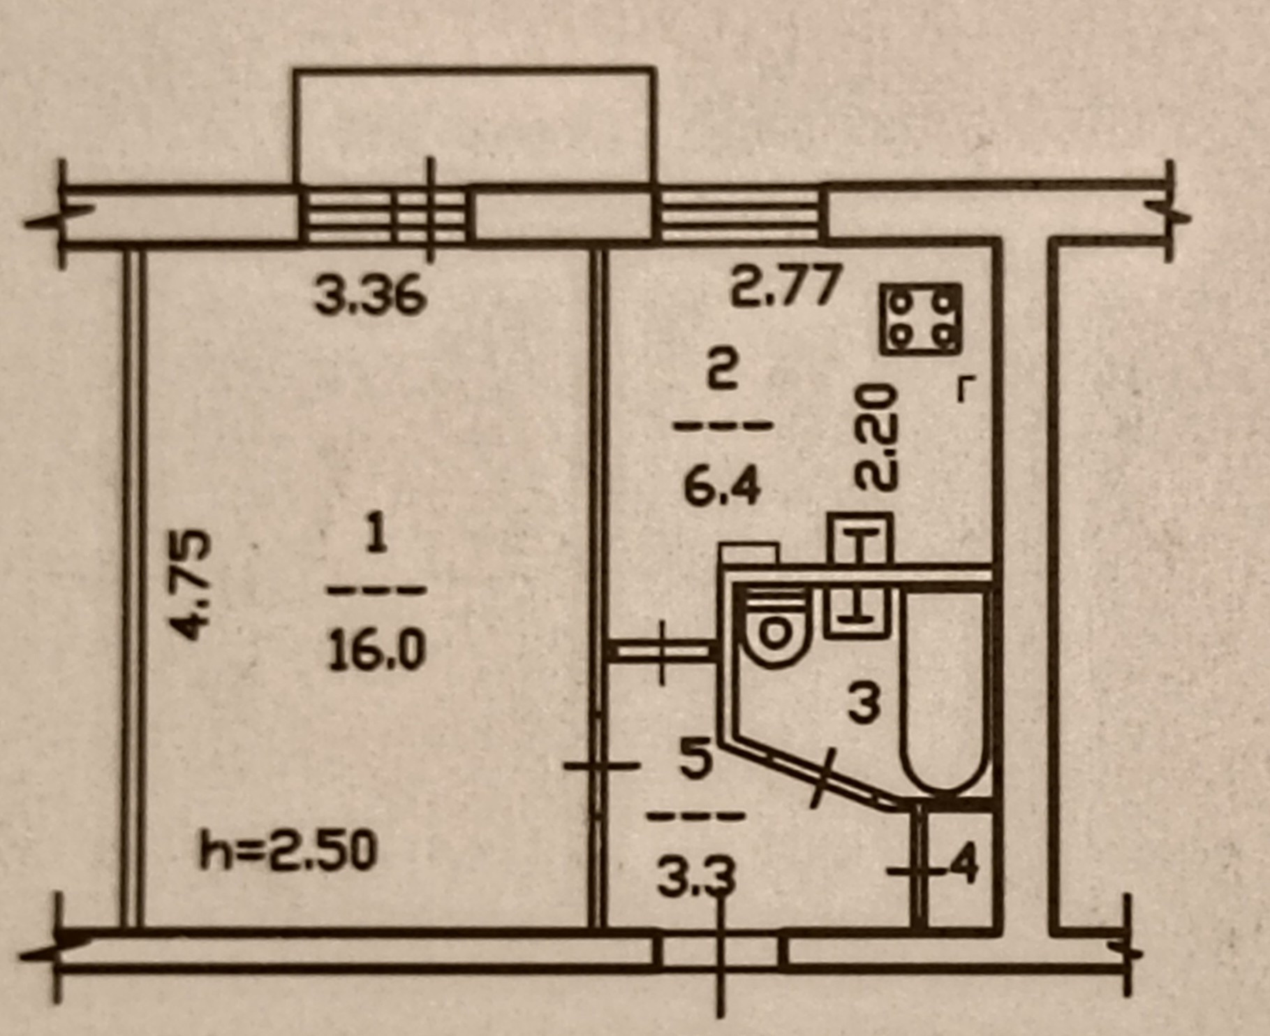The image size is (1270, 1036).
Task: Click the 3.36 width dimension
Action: click(369, 296)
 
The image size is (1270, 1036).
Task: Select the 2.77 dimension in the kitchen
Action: click(783, 287)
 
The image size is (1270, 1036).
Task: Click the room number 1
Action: click(376, 539)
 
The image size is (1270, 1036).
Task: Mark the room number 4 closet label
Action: click(963, 867)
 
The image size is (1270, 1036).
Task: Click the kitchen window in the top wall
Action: click(740, 214)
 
